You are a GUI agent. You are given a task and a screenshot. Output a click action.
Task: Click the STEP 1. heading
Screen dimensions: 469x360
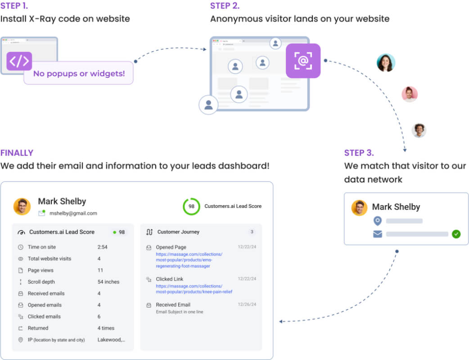click(x=14, y=6)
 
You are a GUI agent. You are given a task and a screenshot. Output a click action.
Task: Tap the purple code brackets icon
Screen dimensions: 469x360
click(x=19, y=61)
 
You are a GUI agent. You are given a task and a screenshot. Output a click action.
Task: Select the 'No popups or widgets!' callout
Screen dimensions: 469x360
click(x=79, y=73)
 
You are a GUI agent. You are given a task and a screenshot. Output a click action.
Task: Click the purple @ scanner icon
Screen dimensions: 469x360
click(x=303, y=61)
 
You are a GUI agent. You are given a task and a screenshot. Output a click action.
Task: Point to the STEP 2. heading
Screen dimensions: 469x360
click(x=225, y=6)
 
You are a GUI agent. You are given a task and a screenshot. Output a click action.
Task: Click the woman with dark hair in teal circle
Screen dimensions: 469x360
click(x=386, y=63)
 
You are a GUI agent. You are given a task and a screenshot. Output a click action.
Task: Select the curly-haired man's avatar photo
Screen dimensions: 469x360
click(x=419, y=130)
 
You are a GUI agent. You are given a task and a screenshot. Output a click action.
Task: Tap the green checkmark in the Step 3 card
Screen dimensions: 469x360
click(x=456, y=234)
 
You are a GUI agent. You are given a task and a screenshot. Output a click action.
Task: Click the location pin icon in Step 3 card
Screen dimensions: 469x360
click(x=378, y=221)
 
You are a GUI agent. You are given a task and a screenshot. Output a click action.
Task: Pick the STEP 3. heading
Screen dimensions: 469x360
click(x=359, y=153)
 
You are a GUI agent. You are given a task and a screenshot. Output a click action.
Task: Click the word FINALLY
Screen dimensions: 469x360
click(x=17, y=153)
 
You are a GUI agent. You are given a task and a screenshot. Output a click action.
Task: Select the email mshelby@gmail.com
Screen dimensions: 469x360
click(x=73, y=213)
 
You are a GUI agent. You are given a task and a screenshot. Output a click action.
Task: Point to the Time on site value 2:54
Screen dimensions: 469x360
click(x=102, y=247)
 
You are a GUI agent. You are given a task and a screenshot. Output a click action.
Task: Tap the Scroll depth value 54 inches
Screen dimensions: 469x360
click(x=108, y=282)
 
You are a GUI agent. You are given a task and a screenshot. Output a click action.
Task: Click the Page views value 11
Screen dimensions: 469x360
click(x=100, y=270)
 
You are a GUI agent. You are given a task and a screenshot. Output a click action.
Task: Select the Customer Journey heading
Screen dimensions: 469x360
click(x=178, y=232)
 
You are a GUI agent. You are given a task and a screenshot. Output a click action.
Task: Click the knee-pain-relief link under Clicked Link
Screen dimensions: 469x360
click(x=194, y=289)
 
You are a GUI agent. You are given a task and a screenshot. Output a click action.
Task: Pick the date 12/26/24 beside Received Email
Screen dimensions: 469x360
click(x=247, y=304)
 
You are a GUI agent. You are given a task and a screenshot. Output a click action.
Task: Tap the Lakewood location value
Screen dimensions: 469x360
click(x=111, y=340)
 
